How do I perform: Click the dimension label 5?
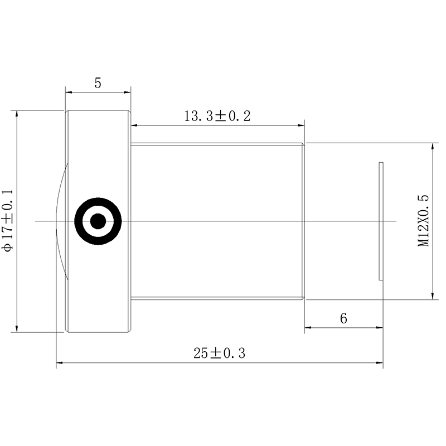98,83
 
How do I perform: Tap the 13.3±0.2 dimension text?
217,116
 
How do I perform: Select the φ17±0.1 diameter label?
8,220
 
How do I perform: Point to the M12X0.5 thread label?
423,221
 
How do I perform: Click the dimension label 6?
343,318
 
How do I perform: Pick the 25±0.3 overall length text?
219,353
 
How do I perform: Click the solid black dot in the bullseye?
98,221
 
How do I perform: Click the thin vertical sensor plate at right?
381,221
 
